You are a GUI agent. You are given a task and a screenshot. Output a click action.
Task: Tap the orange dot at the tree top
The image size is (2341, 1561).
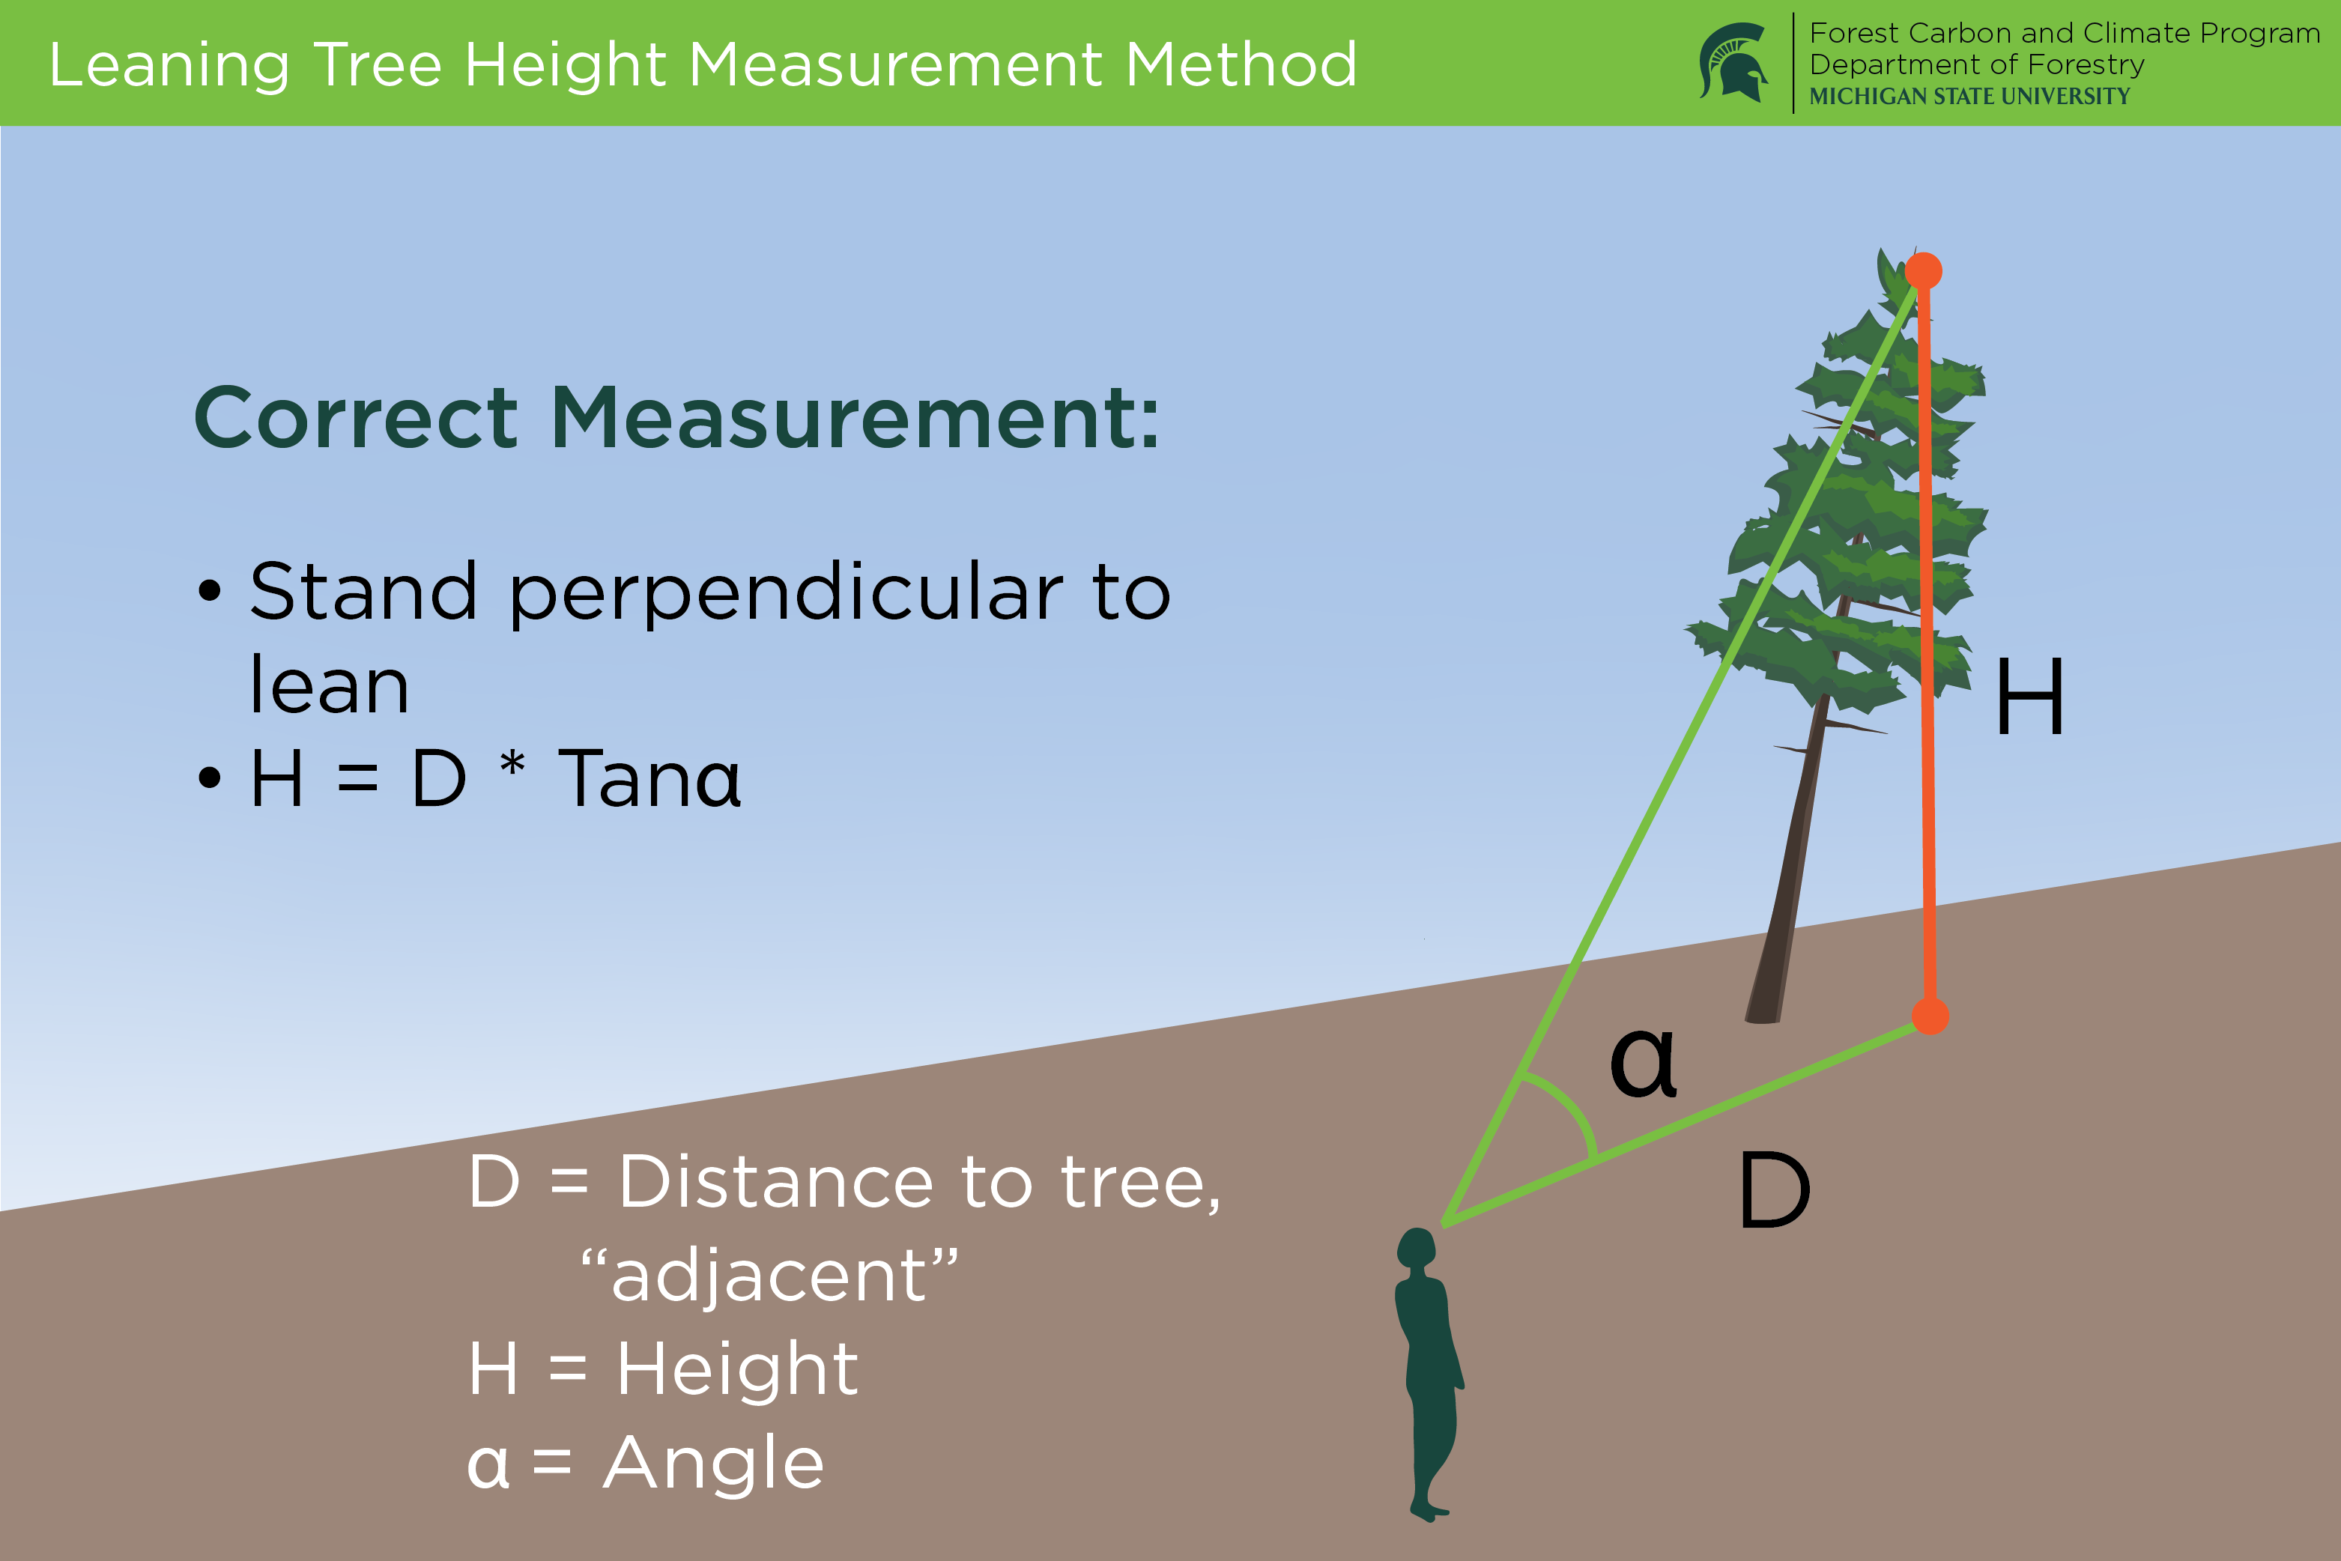coord(1923,271)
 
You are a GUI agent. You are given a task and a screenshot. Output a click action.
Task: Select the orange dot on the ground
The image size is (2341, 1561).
coord(1930,1016)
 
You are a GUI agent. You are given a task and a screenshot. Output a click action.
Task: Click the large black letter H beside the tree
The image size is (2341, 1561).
coord(2029,697)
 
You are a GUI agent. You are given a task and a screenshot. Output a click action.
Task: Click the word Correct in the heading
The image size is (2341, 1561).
coord(357,417)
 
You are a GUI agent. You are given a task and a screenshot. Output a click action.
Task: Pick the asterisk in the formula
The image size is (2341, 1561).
coord(512,766)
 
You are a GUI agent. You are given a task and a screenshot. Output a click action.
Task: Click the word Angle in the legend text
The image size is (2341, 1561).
coord(714,1464)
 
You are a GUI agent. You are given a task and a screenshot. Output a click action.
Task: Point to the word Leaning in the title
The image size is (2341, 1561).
coord(169,66)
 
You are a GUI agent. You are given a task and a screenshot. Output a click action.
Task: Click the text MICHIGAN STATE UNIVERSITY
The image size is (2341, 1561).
coord(1969,97)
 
